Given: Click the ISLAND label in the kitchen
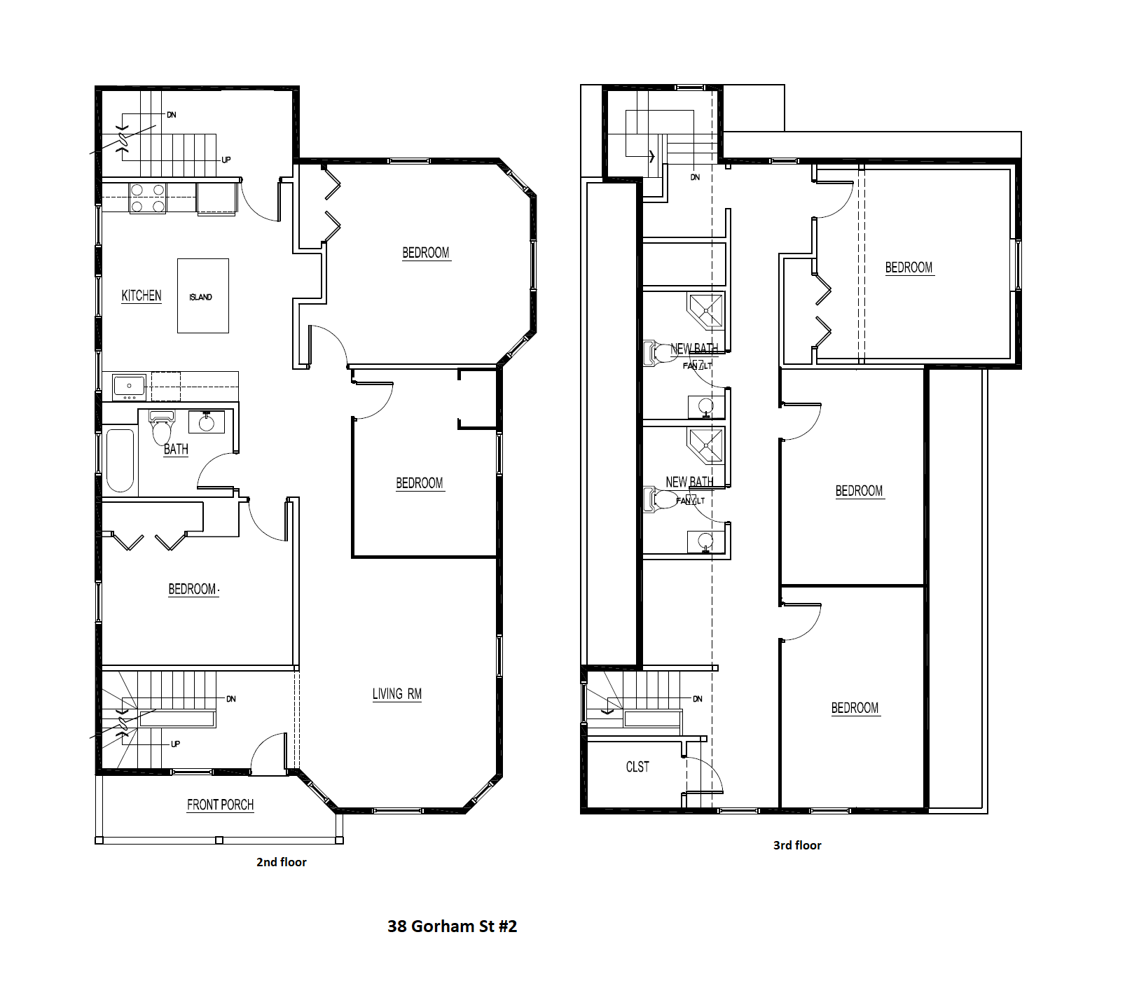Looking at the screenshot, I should [x=200, y=297].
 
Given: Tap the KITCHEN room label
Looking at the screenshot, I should [x=141, y=296].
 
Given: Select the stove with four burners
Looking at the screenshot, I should [x=148, y=198].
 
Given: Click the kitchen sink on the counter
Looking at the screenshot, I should [x=129, y=387].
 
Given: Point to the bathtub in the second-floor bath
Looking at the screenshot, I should [x=120, y=460].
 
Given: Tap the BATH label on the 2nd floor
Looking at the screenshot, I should [x=176, y=449].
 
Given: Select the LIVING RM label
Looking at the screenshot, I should [x=396, y=694].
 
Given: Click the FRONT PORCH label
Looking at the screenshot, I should [x=220, y=805].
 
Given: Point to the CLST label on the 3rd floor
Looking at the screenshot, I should [x=637, y=767].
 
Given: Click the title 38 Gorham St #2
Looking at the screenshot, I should [x=452, y=926].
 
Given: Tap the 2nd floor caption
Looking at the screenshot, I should [x=281, y=862].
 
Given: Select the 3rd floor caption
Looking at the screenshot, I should [x=797, y=845].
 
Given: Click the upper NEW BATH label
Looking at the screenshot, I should [x=693, y=349].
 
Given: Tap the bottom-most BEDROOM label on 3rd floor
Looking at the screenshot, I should [x=855, y=708].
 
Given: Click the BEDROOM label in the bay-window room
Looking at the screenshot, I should [x=426, y=253].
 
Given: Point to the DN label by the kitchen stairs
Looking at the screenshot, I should [x=171, y=115].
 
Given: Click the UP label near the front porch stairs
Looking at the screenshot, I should [x=175, y=744].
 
